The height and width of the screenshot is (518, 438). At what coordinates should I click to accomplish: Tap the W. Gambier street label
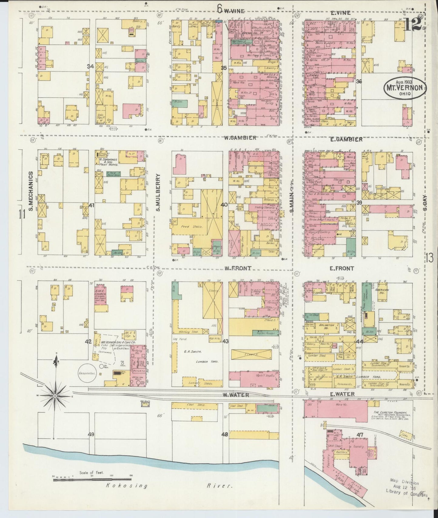[240, 138]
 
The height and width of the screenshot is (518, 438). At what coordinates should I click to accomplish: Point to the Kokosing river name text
[127, 486]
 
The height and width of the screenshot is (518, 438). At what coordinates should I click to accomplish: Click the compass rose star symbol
[55, 396]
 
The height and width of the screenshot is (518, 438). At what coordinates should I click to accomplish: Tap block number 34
[90, 67]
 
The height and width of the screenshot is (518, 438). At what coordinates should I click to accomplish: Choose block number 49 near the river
[91, 434]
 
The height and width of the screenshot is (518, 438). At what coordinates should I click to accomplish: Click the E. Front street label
[342, 268]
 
